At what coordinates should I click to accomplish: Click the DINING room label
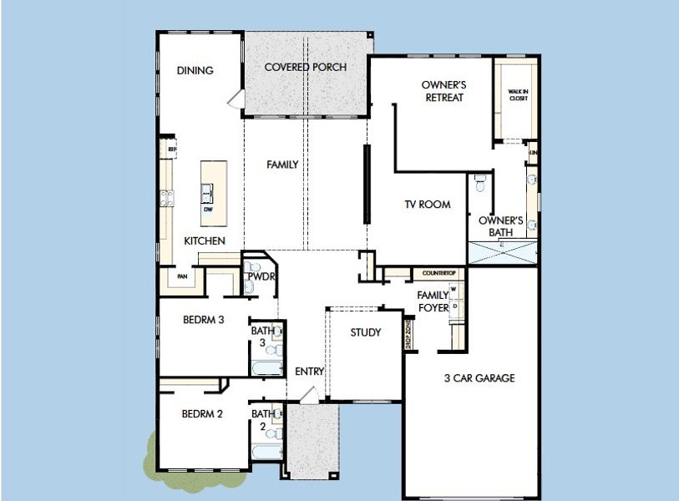pyautogui.click(x=195, y=71)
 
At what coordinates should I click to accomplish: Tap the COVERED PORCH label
pyautogui.click(x=305, y=67)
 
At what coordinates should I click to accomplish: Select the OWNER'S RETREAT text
pyautogui.click(x=443, y=91)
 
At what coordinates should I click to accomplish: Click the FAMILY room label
pyautogui.click(x=282, y=164)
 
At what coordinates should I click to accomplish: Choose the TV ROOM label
pyautogui.click(x=428, y=205)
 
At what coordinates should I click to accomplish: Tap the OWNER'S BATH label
pyautogui.click(x=500, y=227)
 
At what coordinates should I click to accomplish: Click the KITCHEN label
pyautogui.click(x=205, y=240)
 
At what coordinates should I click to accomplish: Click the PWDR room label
pyautogui.click(x=261, y=276)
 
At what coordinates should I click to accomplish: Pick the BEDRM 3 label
pyautogui.click(x=203, y=320)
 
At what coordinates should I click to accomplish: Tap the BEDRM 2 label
pyautogui.click(x=202, y=413)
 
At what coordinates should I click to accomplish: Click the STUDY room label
pyautogui.click(x=365, y=332)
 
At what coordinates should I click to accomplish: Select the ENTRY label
pyautogui.click(x=309, y=372)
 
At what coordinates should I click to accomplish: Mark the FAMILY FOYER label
pyautogui.click(x=433, y=301)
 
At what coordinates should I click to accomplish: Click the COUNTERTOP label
pyautogui.click(x=438, y=273)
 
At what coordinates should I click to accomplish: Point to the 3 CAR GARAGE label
pyautogui.click(x=479, y=378)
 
